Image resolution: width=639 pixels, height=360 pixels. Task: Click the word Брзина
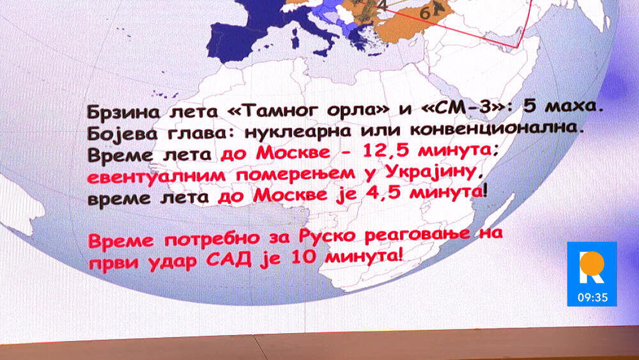[122, 112]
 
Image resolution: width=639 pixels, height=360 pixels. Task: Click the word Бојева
[122, 134]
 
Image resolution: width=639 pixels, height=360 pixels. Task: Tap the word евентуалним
[156, 176]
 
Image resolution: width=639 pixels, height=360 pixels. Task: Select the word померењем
[295, 174]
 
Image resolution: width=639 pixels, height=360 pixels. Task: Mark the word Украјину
[430, 172]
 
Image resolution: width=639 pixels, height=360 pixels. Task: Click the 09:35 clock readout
[592, 297]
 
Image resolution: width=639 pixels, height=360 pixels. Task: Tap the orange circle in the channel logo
[592, 263]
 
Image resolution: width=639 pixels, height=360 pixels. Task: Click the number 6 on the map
[425, 14]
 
